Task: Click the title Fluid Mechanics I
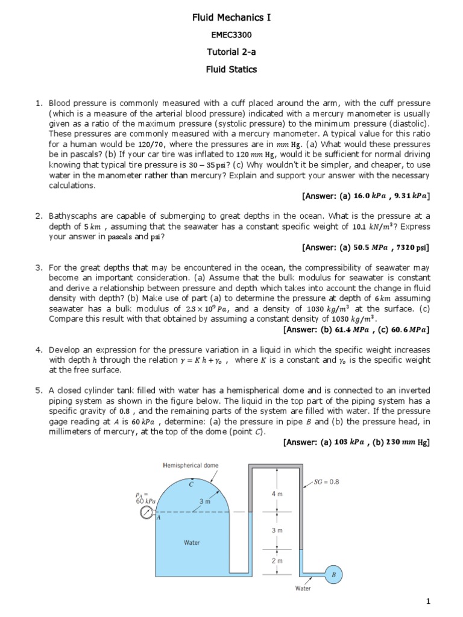click(x=231, y=18)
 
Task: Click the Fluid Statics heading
click(x=231, y=69)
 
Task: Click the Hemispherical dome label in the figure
click(x=191, y=465)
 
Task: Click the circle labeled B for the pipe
click(x=333, y=575)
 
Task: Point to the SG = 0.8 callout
click(x=327, y=481)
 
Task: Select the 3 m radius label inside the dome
click(x=204, y=501)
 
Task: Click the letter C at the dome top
click(x=191, y=484)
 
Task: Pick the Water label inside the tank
click(x=192, y=542)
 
